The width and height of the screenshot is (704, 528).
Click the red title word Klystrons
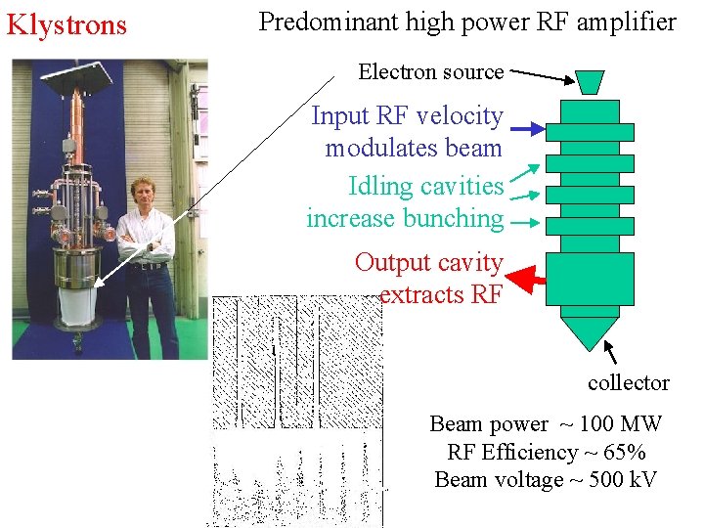pos(66,24)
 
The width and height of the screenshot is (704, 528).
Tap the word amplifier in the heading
pos(625,22)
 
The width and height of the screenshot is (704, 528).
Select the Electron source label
pos(430,71)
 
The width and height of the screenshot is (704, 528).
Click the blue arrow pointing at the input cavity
pos(528,129)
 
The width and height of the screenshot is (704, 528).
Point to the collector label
pos(628,382)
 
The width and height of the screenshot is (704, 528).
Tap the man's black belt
pos(148,264)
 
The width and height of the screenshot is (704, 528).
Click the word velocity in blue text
pos(460,116)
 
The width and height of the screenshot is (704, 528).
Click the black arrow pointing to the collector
pos(615,351)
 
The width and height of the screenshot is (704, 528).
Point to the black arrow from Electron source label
pos(544,75)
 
